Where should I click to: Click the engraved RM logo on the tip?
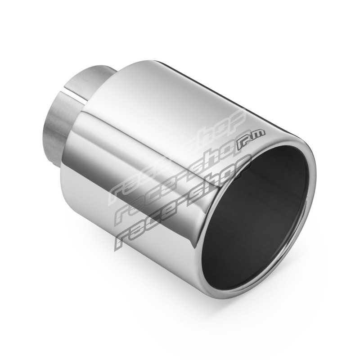pos(251,140)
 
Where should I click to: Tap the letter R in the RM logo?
pos(243,144)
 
